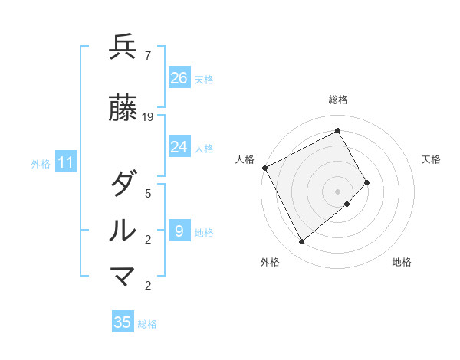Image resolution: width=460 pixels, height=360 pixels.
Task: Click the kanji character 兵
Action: (123, 47)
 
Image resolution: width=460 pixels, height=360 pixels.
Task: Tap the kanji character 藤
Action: (123, 109)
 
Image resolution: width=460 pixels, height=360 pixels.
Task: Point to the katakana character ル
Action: (123, 231)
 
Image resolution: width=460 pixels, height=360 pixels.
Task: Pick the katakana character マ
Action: (123, 277)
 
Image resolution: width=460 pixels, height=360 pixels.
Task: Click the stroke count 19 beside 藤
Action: (148, 117)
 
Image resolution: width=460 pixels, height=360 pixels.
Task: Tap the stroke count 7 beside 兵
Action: (147, 56)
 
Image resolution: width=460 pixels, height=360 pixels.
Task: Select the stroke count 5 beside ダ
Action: (147, 194)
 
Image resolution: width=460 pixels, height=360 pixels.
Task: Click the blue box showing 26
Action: (179, 78)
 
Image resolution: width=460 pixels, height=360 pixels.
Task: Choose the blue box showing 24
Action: (179, 147)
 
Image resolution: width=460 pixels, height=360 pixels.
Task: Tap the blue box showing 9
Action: (179, 231)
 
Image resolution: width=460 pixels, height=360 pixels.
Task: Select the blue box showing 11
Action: (66, 162)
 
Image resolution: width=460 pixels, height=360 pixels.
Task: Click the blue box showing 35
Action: (123, 322)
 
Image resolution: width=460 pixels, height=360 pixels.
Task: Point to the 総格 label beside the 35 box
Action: (147, 324)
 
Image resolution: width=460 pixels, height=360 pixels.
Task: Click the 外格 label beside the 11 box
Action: (41, 163)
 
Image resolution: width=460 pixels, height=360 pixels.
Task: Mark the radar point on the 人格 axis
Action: (264, 168)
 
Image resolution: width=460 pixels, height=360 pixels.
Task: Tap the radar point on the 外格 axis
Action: (301, 242)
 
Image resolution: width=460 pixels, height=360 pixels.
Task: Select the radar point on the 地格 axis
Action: (347, 204)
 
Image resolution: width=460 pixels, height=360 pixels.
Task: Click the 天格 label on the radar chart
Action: (432, 159)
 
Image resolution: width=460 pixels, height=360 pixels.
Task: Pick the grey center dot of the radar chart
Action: (338, 191)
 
